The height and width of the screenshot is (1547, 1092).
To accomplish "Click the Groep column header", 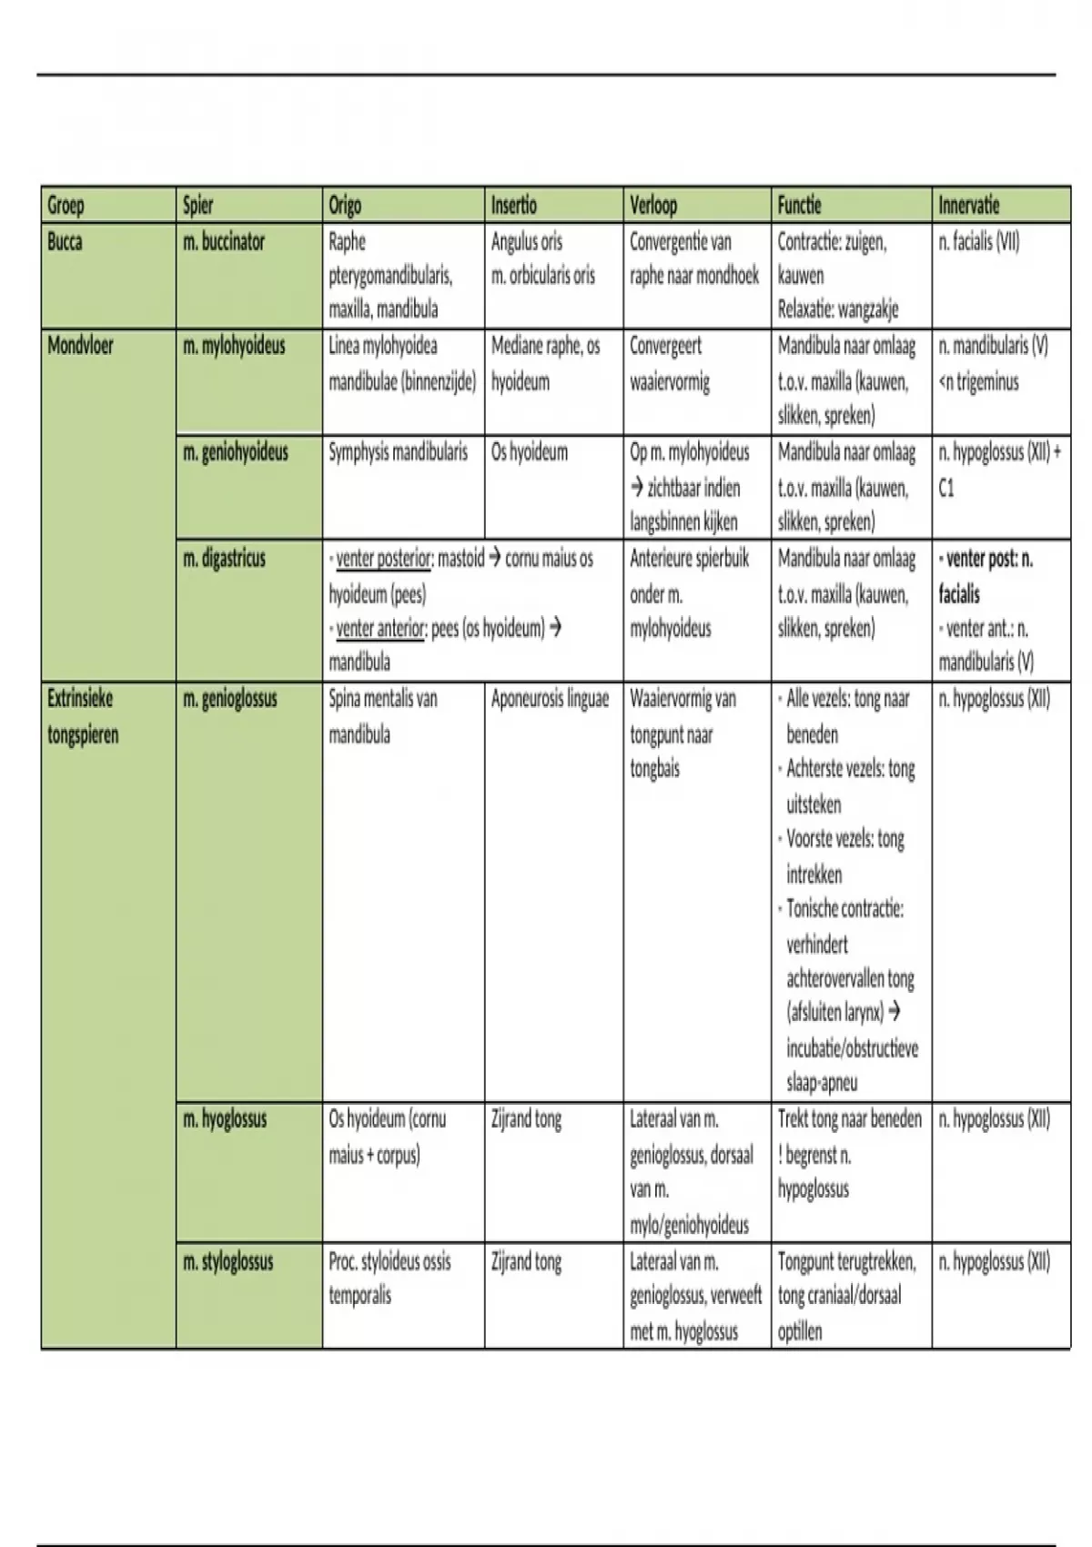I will pyautogui.click(x=66, y=206).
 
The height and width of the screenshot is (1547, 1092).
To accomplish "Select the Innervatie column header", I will pyautogui.click(x=968, y=206).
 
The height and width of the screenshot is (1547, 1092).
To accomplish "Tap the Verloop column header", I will pyautogui.click(x=653, y=206).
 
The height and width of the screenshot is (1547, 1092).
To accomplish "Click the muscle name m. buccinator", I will pyautogui.click(x=224, y=242).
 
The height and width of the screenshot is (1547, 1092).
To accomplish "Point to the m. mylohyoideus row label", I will pyautogui.click(x=234, y=346).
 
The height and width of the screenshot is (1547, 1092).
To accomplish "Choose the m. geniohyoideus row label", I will pyautogui.click(x=236, y=452).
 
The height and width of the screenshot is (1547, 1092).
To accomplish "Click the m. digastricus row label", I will pyautogui.click(x=224, y=559).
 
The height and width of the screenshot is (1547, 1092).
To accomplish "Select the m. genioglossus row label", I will pyautogui.click(x=230, y=699).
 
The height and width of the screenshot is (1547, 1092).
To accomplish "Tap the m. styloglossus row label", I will pyautogui.click(x=228, y=1262).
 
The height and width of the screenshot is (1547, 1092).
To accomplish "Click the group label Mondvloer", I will pyautogui.click(x=80, y=346).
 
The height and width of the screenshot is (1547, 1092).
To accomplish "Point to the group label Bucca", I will pyautogui.click(x=65, y=242).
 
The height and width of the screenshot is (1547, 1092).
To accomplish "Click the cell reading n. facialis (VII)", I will pyautogui.click(x=979, y=242).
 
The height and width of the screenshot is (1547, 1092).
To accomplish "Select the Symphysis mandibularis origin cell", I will pyautogui.click(x=398, y=452).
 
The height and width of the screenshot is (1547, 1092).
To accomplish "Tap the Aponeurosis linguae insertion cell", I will pyautogui.click(x=550, y=699).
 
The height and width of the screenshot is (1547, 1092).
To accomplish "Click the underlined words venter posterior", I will pyautogui.click(x=383, y=559).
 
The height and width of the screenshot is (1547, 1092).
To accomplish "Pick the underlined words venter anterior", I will pyautogui.click(x=379, y=629).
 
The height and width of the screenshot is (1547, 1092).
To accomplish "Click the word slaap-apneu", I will pyautogui.click(x=822, y=1083).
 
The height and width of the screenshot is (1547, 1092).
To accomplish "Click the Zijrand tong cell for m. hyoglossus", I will pyautogui.click(x=526, y=1119).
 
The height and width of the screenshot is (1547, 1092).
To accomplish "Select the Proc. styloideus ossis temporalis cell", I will pyautogui.click(x=389, y=1279).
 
